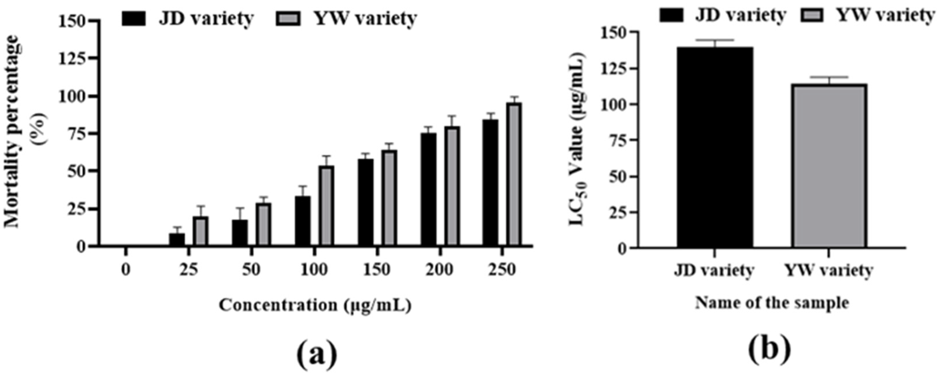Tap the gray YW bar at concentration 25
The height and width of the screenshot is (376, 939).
pos(201,231)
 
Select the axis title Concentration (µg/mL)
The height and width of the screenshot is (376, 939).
pos(315,305)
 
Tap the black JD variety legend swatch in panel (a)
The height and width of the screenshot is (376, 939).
pos(134,18)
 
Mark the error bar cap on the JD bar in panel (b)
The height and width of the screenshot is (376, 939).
pos(715,40)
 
